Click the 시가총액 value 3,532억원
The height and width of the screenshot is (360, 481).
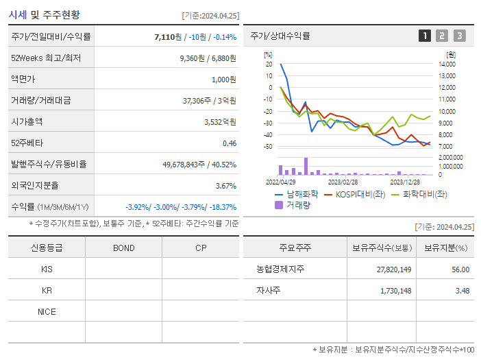point(220,121)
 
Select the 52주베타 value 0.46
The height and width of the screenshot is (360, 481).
point(229,143)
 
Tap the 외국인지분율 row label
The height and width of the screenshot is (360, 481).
point(35,185)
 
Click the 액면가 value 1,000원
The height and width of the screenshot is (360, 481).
point(223,79)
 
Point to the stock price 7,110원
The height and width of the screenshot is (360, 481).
point(169,36)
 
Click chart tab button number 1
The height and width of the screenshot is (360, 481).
point(425,36)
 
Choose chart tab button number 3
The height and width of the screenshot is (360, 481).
point(459,36)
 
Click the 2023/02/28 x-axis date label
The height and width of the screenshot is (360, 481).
point(343,182)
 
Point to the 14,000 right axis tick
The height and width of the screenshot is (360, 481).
point(446,64)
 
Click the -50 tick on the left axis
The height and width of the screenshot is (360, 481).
point(268,147)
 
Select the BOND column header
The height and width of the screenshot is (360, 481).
point(123,248)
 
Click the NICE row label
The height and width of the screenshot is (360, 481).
point(47,311)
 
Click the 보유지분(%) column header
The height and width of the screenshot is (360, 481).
point(445,248)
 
